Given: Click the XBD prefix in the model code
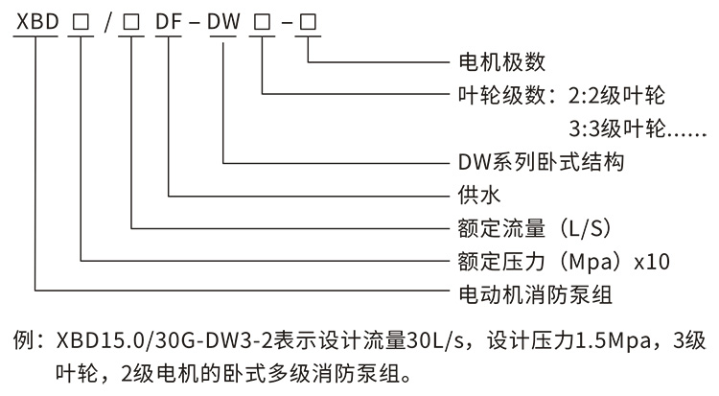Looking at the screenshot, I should pyautogui.click(x=35, y=19).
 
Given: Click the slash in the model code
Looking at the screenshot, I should pyautogui.click(x=105, y=19).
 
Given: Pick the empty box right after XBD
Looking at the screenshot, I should pyautogui.click(x=81, y=19).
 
